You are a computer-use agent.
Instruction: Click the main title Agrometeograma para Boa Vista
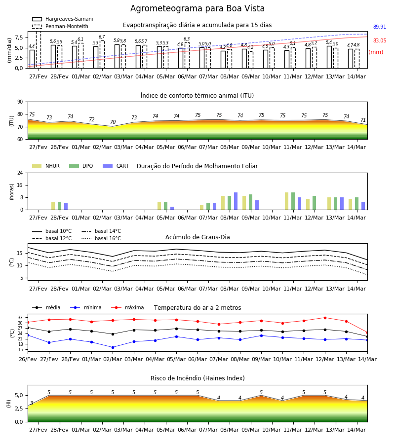point(197,8)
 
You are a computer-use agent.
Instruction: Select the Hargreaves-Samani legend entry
point(62,19)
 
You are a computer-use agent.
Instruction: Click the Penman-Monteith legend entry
point(60,26)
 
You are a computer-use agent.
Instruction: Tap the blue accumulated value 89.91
point(379,27)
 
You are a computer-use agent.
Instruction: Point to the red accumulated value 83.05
point(379,40)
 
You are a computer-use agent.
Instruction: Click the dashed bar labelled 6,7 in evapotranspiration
point(102,54)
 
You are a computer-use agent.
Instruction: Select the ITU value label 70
point(113,122)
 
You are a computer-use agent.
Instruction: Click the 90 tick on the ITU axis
point(20,102)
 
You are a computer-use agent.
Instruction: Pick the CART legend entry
point(116,166)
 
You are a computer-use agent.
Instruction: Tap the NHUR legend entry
point(46,166)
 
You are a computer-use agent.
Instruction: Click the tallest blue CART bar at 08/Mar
point(236,201)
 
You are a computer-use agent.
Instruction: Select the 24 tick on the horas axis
point(20,173)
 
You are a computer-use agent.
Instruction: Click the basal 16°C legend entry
point(101,238)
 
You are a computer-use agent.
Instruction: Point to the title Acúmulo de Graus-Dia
point(197,237)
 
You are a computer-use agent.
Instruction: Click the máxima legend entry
point(127,307)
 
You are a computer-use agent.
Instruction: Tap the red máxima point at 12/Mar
point(325,318)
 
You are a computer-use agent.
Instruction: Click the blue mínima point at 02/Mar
point(113,347)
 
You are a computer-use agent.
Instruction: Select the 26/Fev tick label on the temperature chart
point(28,359)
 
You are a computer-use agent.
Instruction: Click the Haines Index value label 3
point(32,403)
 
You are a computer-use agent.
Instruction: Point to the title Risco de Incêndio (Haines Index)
point(197,378)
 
